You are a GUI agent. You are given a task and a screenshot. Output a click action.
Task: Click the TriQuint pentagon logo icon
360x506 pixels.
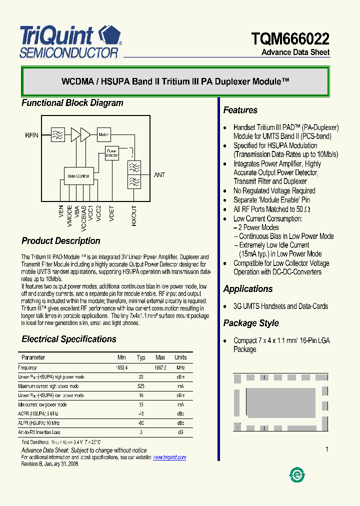pyautogui.click(x=109, y=34)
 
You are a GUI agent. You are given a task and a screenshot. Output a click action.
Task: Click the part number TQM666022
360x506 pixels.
pyautogui.click(x=290, y=38)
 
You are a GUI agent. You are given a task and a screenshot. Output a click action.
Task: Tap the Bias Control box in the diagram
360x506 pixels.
pyautogui.click(x=78, y=175)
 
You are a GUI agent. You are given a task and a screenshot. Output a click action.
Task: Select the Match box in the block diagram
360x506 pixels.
pyautogui.click(x=103, y=134)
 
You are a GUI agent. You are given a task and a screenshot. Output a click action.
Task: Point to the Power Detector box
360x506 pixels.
pyautogui.click(x=111, y=153)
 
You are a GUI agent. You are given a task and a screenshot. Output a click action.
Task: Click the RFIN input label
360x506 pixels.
pyautogui.click(x=31, y=135)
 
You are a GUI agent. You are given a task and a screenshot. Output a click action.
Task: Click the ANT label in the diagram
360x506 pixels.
pyautogui.click(x=159, y=175)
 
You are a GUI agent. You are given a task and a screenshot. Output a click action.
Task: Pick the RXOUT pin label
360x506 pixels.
pyautogui.click(x=134, y=216)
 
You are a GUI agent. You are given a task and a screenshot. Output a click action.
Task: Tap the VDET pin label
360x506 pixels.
pyautogui.click(x=111, y=213)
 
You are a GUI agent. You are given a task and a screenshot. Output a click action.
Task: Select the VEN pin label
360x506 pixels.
pyautogui.click(x=61, y=212)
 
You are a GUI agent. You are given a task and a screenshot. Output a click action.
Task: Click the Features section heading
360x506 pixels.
pyautogui.click(x=240, y=110)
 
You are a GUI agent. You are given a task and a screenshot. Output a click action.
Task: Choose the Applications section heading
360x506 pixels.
pyautogui.click(x=247, y=289)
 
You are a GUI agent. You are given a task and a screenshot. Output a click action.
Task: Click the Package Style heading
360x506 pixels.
pyautogui.click(x=250, y=323)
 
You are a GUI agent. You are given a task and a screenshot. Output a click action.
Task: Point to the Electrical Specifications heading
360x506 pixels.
pyautogui.click(x=68, y=339)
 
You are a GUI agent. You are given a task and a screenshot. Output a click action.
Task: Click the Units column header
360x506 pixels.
pyautogui.click(x=180, y=357)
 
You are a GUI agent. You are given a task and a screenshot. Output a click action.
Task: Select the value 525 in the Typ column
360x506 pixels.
pyautogui.click(x=141, y=386)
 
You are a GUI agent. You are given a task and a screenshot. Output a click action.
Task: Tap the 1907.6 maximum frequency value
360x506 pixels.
pyautogui.click(x=160, y=367)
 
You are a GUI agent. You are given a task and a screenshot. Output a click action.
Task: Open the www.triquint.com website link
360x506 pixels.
pyautogui.click(x=169, y=457)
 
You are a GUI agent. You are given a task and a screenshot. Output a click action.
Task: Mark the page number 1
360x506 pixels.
pyautogui.click(x=327, y=449)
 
